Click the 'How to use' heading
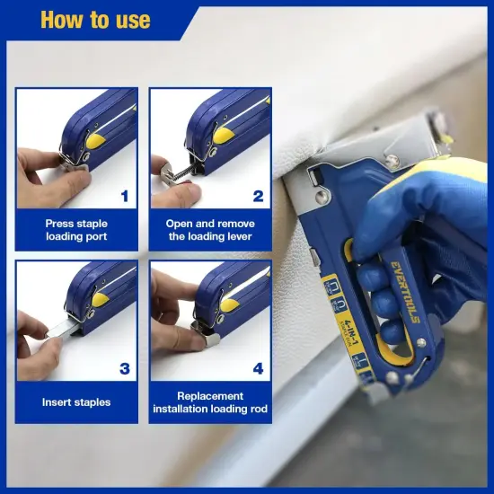[x=95, y=19]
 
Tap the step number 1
[x=125, y=195]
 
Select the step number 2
[x=258, y=195]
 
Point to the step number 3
[x=125, y=368]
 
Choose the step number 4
[x=258, y=368]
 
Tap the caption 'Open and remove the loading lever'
[x=210, y=230]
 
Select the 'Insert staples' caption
[x=76, y=402]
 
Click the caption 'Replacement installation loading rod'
[x=210, y=402]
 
